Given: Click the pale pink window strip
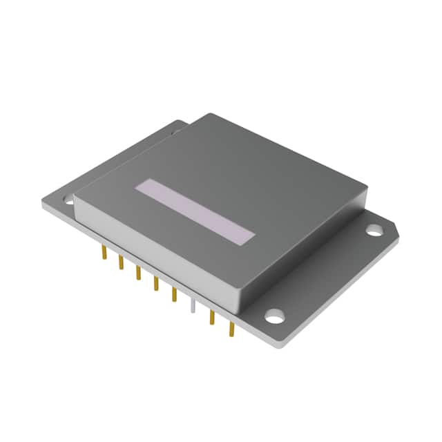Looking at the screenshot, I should [195, 212].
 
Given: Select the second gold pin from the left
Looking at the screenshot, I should [121, 262].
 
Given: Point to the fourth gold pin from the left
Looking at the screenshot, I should [156, 282].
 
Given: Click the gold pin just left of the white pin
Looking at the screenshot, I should [174, 294].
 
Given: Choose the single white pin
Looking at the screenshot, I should [194, 309].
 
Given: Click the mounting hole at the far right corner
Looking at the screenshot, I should [374, 229].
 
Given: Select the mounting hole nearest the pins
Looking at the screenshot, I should [275, 317].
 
